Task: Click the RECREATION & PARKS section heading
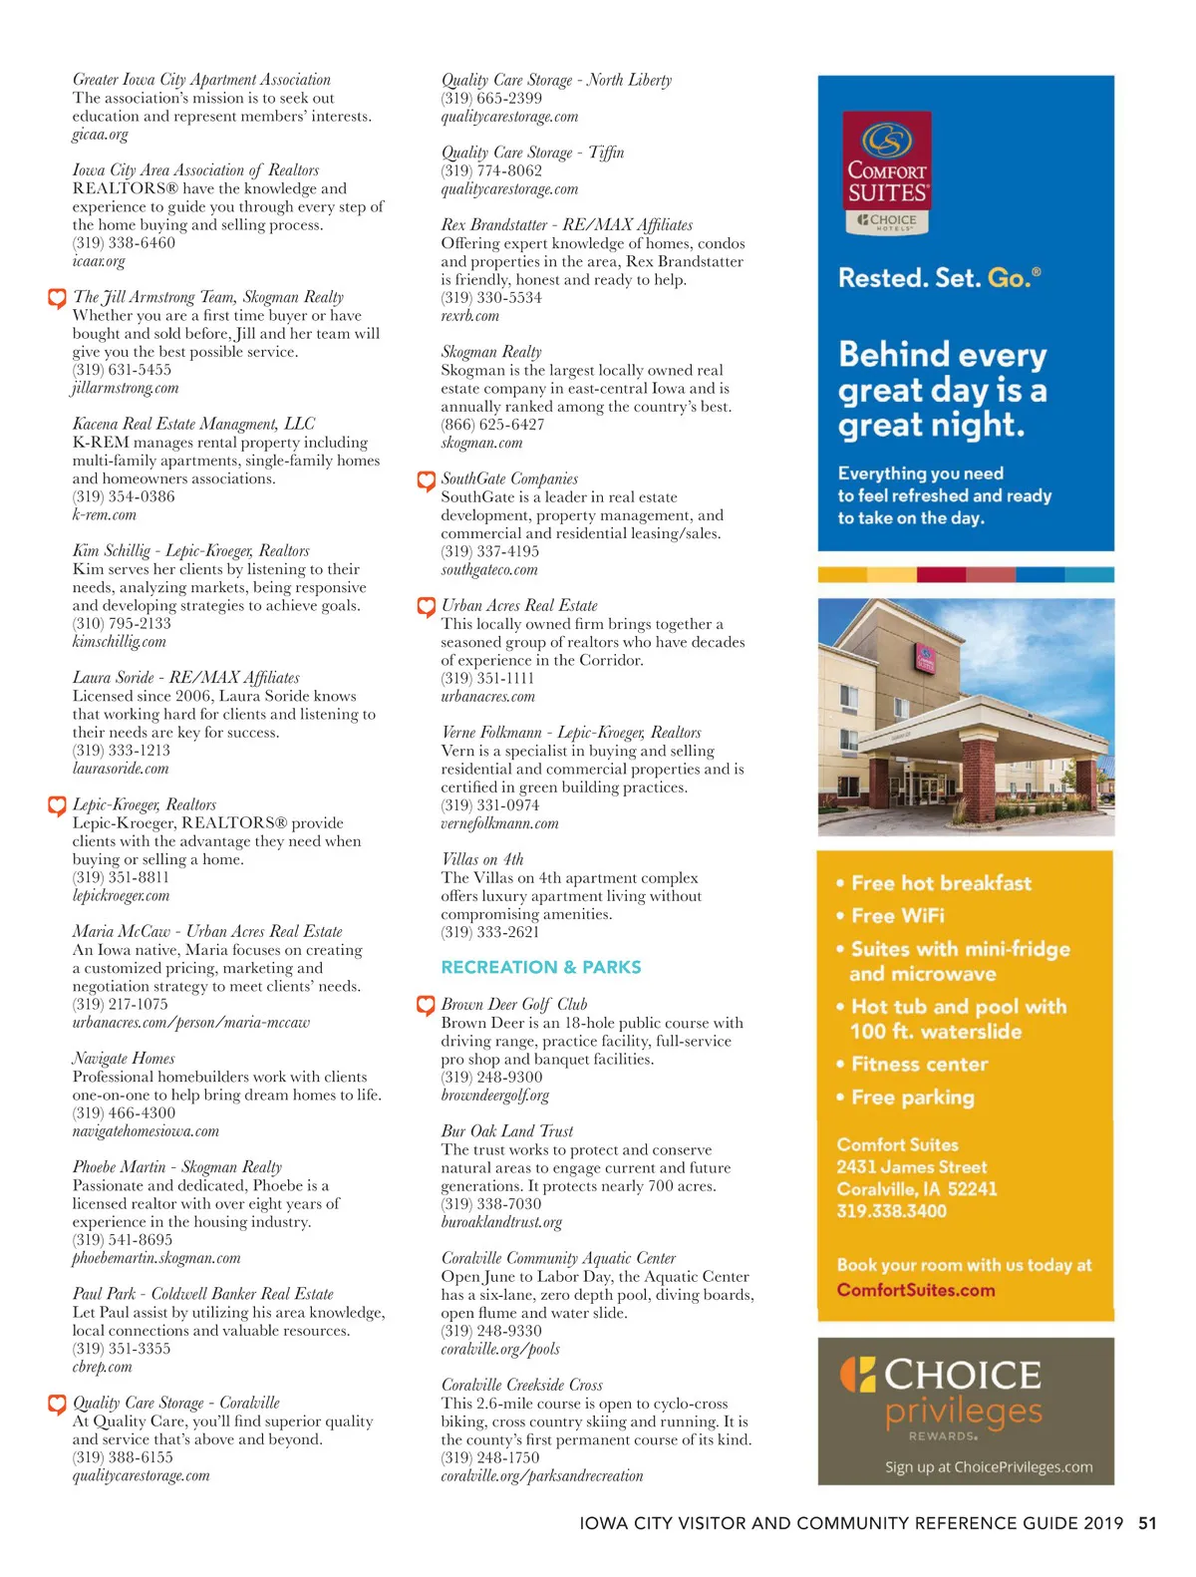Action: point(541,967)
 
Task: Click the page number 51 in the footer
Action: point(1147,1523)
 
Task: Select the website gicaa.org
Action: point(101,135)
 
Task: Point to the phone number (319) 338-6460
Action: point(124,243)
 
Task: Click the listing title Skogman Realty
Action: point(491,352)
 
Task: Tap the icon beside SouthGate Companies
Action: point(426,480)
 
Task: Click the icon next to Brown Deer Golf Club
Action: point(426,1005)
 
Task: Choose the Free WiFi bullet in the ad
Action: point(897,915)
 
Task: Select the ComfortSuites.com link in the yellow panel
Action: point(915,1290)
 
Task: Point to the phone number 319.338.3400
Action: point(891,1211)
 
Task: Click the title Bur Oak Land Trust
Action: point(507,1131)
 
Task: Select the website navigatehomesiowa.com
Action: point(146,1131)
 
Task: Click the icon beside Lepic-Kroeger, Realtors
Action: point(57,805)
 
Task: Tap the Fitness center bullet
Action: point(919,1065)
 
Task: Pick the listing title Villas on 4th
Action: point(482,859)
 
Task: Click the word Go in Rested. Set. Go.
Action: point(1009,278)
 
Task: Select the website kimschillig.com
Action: point(120,642)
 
